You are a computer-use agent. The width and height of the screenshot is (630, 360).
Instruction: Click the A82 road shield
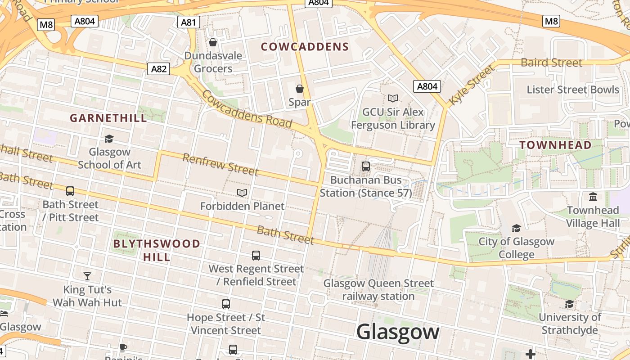tap(159, 69)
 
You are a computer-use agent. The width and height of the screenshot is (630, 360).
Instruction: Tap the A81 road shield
tap(189, 22)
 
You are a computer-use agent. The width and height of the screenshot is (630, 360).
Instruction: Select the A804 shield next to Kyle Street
tap(427, 86)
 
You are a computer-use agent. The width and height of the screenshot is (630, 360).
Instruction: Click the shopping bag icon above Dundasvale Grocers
tap(213, 42)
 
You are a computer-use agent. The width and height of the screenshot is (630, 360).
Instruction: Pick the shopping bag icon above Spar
tap(300, 89)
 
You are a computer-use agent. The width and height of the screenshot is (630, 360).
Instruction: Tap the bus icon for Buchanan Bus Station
tap(366, 166)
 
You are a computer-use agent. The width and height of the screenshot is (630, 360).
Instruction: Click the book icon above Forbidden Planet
tap(242, 193)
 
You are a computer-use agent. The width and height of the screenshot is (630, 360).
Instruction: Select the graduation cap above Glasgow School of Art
tap(109, 139)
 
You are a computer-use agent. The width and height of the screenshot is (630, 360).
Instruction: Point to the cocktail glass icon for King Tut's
tap(87, 276)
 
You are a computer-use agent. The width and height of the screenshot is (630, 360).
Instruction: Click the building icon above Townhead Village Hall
tap(593, 197)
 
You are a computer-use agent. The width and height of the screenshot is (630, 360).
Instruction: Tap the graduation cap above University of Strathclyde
tap(570, 304)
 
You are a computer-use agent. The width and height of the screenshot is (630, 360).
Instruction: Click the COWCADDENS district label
tap(305, 47)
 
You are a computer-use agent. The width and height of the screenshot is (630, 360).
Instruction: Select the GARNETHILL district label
tap(108, 118)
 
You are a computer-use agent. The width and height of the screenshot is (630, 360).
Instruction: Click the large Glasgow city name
tap(398, 332)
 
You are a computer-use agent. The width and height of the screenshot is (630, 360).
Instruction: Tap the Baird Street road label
tap(551, 63)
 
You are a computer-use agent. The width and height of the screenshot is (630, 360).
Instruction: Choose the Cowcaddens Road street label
tap(247, 108)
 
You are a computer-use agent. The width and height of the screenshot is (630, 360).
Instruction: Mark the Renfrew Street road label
tap(220, 164)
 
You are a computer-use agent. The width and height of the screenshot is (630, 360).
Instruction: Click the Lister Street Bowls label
tap(573, 90)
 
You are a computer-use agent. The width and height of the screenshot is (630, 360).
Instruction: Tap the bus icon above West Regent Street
tap(256, 256)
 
